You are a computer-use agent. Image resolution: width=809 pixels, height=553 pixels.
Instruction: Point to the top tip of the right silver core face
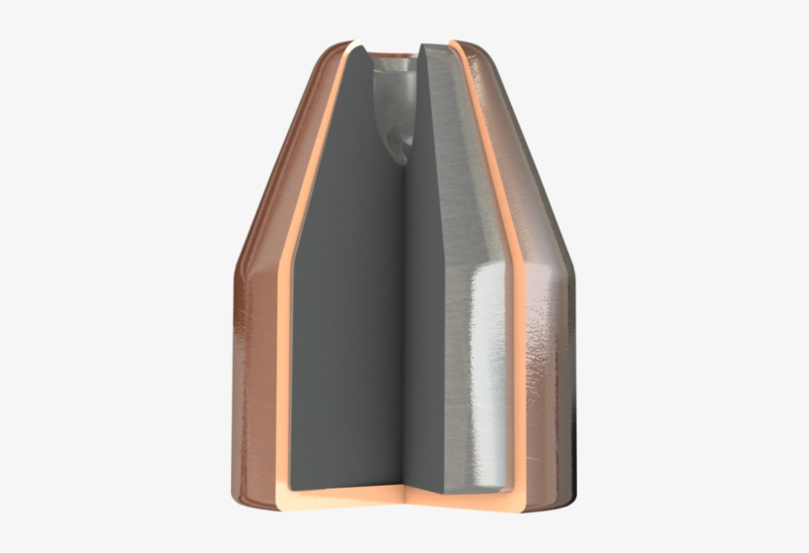click(426, 46)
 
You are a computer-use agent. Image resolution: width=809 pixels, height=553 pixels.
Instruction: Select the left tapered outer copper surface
click(281, 158)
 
